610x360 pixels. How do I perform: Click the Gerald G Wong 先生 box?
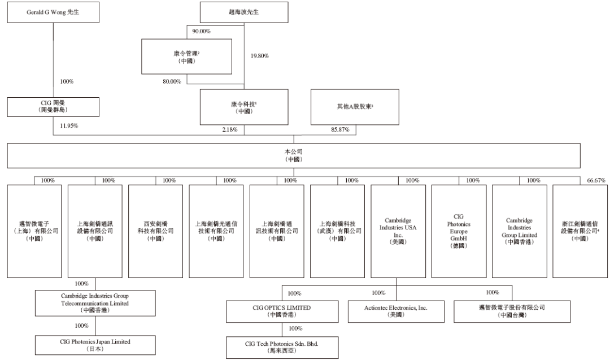point(53,12)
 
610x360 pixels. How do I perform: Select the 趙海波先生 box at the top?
point(244,12)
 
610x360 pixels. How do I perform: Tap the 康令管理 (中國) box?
point(186,56)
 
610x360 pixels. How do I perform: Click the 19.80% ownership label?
point(259,56)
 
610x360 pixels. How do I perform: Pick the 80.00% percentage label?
point(172,81)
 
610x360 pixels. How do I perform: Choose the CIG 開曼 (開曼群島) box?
point(53,106)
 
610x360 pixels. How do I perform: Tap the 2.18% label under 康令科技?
point(229,131)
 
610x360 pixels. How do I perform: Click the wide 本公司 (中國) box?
point(294,155)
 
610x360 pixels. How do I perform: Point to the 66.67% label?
point(596,180)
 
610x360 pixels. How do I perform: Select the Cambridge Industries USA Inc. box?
point(398,230)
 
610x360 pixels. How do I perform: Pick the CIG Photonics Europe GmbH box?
point(459,230)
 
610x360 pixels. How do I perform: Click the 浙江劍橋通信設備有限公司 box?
point(580,230)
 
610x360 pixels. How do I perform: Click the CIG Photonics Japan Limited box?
point(95,345)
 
